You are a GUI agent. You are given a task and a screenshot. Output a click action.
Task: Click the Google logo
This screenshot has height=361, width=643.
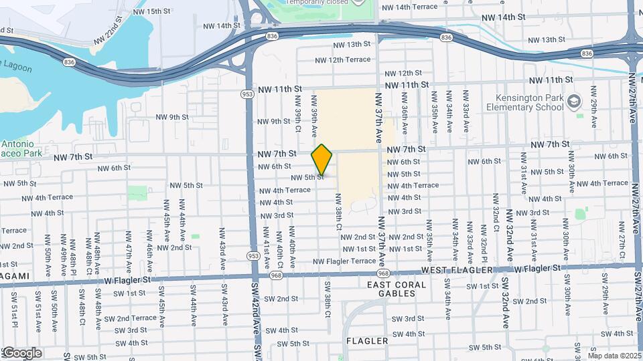(x=21, y=353)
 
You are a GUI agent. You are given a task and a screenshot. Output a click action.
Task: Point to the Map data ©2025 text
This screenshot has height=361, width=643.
(x=614, y=356)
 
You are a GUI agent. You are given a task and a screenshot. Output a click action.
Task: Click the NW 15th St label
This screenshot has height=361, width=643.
(x=149, y=11)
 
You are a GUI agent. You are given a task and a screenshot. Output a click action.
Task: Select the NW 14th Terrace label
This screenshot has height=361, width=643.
(x=409, y=7)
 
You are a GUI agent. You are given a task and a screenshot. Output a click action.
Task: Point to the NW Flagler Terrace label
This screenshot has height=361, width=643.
(x=344, y=261)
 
